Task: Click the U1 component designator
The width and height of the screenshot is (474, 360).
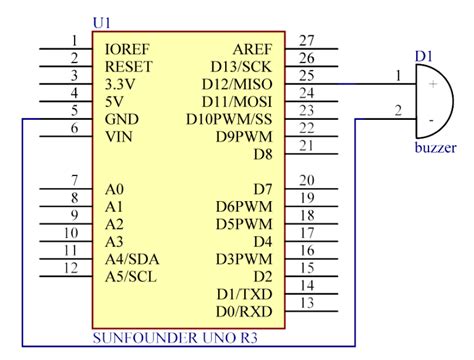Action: pyautogui.click(x=101, y=21)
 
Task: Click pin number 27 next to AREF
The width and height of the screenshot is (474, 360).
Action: pyautogui.click(x=307, y=40)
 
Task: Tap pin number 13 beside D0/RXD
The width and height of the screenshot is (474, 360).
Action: pyautogui.click(x=307, y=303)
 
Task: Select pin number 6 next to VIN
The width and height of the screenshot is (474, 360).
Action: pyautogui.click(x=73, y=128)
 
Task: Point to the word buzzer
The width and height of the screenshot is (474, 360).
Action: pyautogui.click(x=435, y=149)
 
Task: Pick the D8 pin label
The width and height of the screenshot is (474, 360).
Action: pyautogui.click(x=262, y=154)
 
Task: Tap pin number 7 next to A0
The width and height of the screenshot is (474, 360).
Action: pyautogui.click(x=73, y=180)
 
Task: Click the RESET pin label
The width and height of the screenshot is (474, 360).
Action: pyautogui.click(x=127, y=66)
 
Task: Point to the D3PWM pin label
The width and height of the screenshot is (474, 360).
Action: pyautogui.click(x=244, y=259)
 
